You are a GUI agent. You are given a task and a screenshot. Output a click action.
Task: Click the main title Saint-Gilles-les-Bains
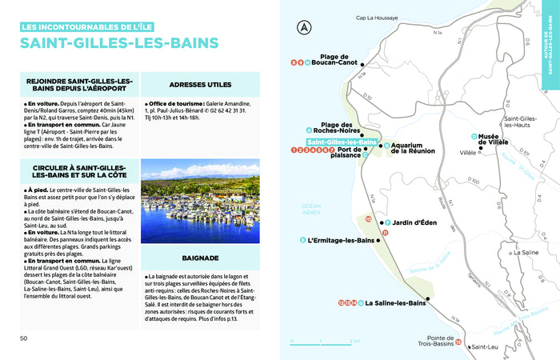[120, 42]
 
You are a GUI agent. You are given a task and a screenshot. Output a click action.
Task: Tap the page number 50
[25, 338]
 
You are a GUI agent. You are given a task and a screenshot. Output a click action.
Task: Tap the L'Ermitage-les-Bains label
[342, 240]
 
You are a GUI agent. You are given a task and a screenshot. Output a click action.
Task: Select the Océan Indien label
[310, 209]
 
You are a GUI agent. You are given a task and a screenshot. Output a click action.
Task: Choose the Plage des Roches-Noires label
[336, 127]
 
